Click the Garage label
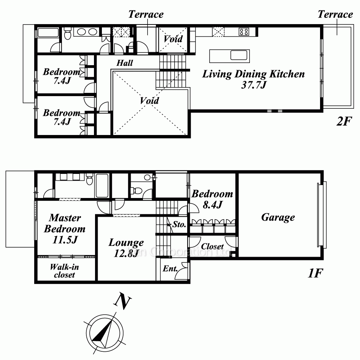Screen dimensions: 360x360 278,217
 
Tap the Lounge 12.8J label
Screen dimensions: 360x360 126,248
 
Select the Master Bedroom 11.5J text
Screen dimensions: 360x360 65,229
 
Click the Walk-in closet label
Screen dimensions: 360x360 64,271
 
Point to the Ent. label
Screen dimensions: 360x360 170,269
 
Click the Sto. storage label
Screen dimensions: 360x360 179,224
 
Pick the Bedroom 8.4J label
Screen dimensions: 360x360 212,199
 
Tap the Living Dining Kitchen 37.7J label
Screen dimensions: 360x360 253,79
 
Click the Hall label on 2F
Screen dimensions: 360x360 125,63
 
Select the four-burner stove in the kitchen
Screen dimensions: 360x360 244,32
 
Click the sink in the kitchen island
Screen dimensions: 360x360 239,55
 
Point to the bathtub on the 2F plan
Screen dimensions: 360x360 48,33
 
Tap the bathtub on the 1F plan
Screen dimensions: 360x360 102,185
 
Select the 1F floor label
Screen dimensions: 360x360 315,273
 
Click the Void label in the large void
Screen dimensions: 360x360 149,100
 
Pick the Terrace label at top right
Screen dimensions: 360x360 335,14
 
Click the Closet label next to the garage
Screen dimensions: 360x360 212,246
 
